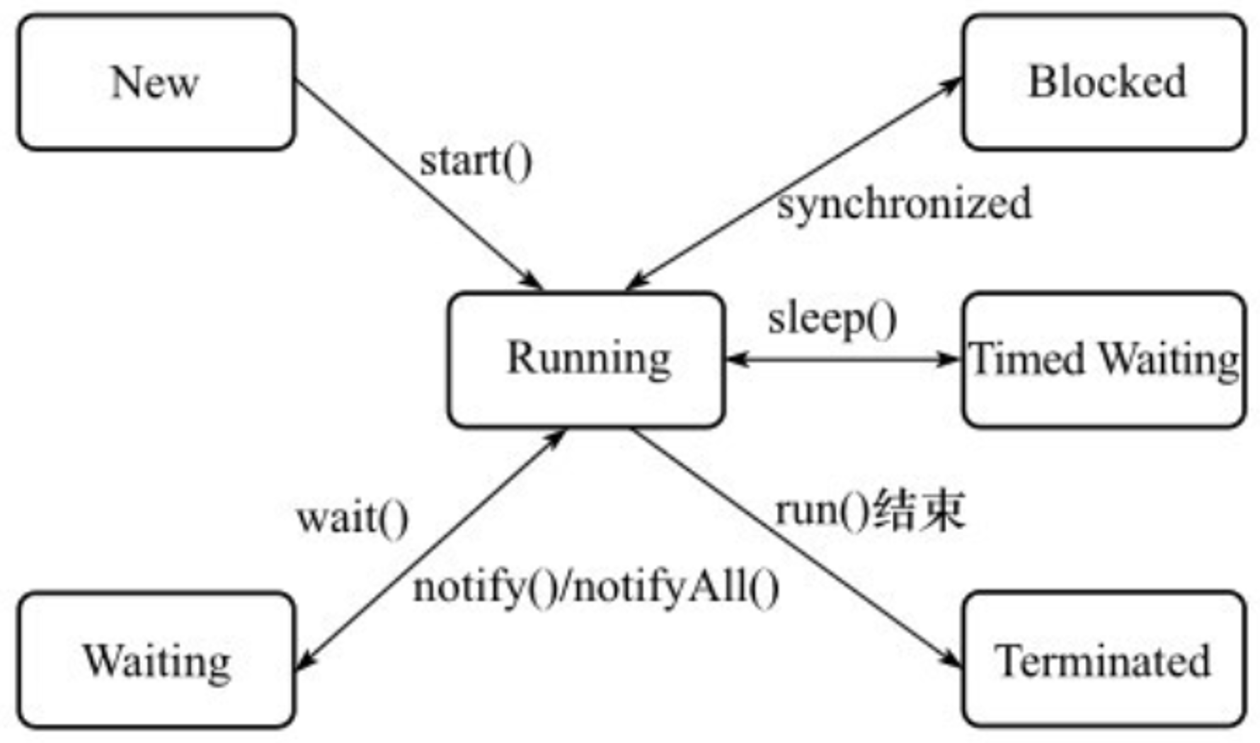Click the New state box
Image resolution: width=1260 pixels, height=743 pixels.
[x=156, y=82]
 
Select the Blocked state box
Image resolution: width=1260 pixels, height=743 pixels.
[x=1104, y=82]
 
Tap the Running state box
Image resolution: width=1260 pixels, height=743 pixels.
[x=587, y=360]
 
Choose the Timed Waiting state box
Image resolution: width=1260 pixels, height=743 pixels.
[x=1104, y=360]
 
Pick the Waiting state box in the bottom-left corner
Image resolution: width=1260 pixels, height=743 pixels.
[x=156, y=660]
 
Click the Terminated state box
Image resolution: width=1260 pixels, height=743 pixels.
[x=1104, y=660]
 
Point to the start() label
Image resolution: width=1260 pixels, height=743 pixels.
[x=476, y=162]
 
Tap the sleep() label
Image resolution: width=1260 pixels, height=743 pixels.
[x=832, y=320]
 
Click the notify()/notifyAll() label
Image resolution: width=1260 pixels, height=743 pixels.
[x=596, y=588]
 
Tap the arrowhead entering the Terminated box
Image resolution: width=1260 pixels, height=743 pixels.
[x=951, y=658]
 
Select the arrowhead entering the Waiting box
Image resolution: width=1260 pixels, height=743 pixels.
[x=305, y=660]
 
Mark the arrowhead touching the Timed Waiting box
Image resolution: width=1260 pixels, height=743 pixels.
[x=949, y=360]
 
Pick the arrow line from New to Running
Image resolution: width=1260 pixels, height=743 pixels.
[x=418, y=184]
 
